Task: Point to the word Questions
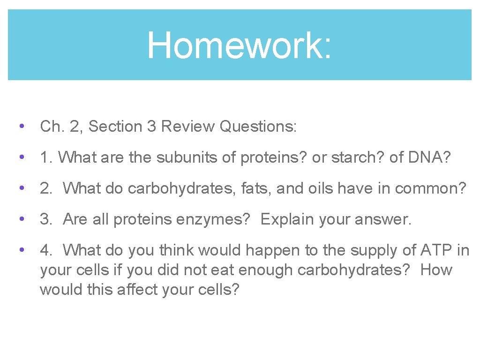pos(258,127)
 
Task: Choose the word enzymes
pos(213,219)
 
